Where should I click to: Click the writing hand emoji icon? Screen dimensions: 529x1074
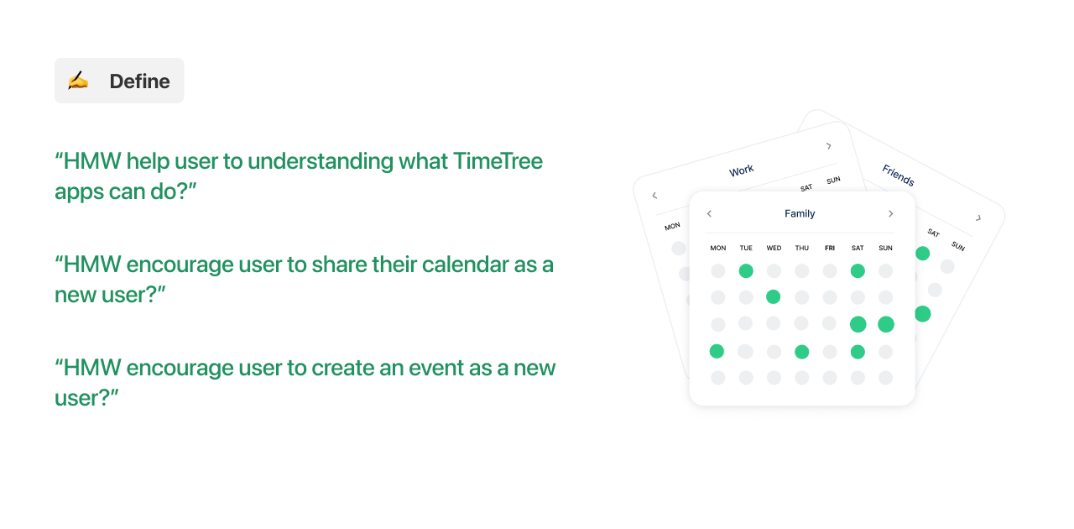click(78, 81)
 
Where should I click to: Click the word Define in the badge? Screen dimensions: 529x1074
click(139, 81)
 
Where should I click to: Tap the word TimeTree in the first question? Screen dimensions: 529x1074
click(498, 160)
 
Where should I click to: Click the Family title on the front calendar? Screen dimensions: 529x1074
click(800, 214)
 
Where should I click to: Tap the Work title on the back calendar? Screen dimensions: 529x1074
click(741, 170)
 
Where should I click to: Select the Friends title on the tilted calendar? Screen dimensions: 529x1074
click(898, 175)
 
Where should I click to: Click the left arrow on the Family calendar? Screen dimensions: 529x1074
click(709, 214)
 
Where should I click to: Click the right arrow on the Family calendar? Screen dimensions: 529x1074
click(890, 214)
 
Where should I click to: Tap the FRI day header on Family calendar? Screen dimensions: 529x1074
click(830, 249)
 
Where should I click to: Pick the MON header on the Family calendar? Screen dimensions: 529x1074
click(717, 249)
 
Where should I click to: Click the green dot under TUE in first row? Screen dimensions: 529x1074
click(746, 271)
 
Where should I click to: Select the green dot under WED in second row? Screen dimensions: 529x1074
click(774, 297)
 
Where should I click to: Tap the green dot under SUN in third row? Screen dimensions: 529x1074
click(885, 324)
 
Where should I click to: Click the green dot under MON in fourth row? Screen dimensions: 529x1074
click(717, 351)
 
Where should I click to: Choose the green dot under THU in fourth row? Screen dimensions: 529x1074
click(801, 352)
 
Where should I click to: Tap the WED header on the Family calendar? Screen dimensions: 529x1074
click(774, 249)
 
